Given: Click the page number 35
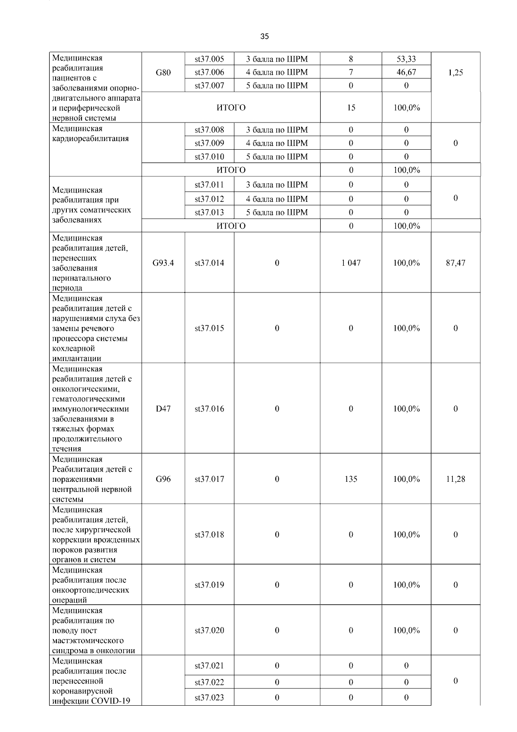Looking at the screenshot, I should [x=265, y=37].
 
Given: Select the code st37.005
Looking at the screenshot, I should [x=209, y=59].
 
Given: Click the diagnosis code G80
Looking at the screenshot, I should [x=163, y=72].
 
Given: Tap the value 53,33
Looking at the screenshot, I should [x=406, y=59].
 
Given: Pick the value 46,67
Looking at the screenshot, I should [x=406, y=72].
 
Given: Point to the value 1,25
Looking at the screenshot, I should [x=455, y=72].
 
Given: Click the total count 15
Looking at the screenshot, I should [x=351, y=108].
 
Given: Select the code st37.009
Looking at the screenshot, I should [x=209, y=143].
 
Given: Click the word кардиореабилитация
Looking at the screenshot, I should [x=90, y=138].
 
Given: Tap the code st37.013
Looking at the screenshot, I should [x=209, y=212].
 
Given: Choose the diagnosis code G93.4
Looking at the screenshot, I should [x=163, y=263].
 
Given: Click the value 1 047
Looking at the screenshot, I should [x=351, y=263].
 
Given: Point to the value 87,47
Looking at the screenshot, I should [x=455, y=263].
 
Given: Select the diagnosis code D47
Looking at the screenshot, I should [x=163, y=409].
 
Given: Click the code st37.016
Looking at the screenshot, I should [x=209, y=409].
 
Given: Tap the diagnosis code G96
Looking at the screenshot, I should [x=163, y=479].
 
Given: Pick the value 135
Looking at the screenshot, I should [x=351, y=479].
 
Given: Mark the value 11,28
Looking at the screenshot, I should [x=455, y=479].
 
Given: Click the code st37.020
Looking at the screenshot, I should [x=209, y=631].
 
